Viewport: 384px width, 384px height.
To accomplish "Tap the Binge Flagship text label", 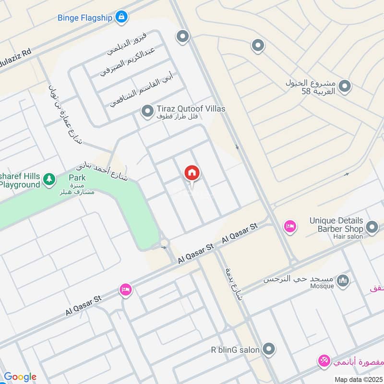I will [85, 18].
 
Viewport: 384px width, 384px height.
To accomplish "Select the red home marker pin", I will [192, 173].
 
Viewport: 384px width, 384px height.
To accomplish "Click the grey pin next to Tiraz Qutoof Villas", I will [147, 111].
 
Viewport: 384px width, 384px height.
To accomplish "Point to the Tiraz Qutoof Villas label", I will [191, 109].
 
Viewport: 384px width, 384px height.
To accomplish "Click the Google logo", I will [20, 377].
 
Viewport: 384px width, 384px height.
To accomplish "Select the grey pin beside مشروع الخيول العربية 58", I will [344, 86].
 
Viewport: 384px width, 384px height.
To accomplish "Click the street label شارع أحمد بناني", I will [102, 173].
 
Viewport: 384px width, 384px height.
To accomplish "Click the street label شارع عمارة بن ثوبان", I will [65, 113].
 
